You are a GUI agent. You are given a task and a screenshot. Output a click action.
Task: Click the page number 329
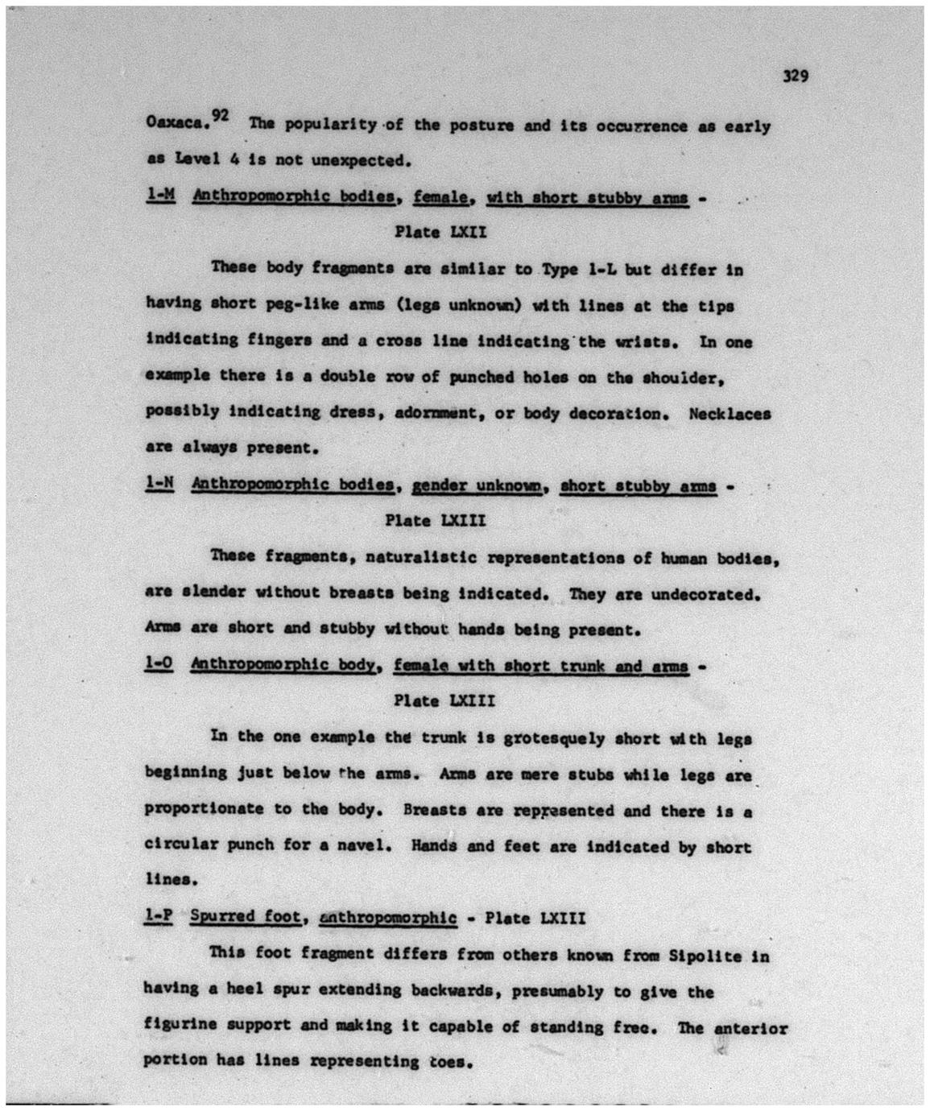click(794, 76)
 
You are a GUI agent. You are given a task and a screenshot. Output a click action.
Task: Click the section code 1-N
click(159, 484)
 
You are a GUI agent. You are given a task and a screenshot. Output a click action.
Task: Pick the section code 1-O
click(159, 665)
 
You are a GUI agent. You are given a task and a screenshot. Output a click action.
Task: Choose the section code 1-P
click(159, 917)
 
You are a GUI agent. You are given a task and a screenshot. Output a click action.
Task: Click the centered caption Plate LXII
click(440, 233)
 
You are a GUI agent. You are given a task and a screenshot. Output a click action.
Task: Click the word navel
click(370, 846)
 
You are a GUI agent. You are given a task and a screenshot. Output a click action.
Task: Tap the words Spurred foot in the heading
click(246, 917)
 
